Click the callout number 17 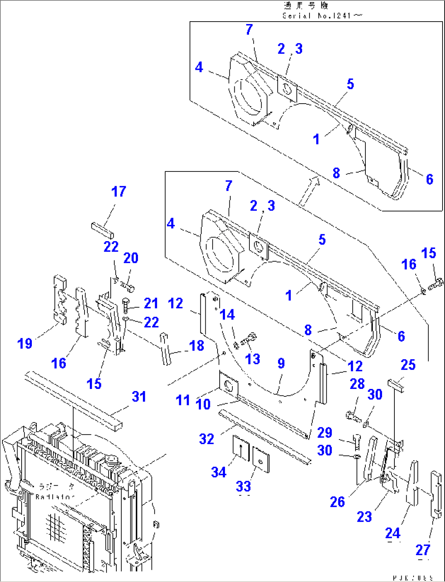119,191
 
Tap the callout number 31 139,396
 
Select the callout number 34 219,472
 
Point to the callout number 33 243,486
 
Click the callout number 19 25,343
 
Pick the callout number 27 423,550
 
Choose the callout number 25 408,364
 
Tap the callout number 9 281,363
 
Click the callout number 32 207,439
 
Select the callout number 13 253,359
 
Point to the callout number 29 325,432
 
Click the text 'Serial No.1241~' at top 322,16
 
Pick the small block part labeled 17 102,229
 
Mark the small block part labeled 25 396,384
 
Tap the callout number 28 357,384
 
